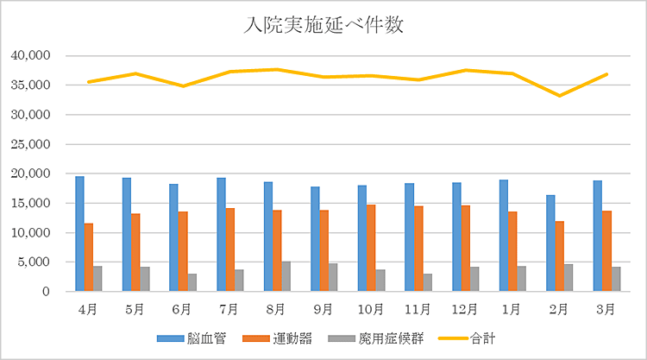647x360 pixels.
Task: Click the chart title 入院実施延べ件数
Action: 323,26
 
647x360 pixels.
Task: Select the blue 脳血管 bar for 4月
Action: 79,234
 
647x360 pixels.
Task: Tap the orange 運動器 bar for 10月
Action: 371,249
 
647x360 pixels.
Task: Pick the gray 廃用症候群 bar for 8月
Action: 286,277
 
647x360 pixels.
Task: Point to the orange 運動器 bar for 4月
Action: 89,258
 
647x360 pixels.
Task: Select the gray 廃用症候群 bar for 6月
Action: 192,283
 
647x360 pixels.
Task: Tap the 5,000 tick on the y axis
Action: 37,262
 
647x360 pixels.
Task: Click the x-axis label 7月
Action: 229,308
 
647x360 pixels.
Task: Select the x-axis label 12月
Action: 465,308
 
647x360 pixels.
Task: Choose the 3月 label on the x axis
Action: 606,308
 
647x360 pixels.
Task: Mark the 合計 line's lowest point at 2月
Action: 559,96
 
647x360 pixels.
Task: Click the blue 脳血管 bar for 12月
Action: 456,237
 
